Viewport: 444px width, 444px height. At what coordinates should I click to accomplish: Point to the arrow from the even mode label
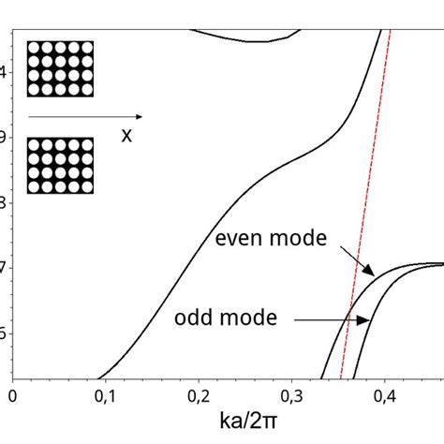[x=357, y=260]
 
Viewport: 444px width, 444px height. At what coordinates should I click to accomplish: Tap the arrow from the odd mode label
[x=332, y=319]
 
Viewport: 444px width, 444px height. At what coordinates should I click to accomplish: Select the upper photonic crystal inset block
[x=60, y=68]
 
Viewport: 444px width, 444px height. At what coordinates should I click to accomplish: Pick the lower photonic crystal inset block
[x=60, y=166]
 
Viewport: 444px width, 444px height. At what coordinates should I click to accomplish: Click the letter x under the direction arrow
[x=126, y=135]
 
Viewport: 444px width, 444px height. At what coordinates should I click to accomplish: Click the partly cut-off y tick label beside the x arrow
[x=4, y=136]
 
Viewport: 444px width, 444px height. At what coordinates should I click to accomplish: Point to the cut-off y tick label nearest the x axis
[x=4, y=333]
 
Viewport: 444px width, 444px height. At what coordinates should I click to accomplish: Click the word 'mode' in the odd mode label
[x=252, y=318]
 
